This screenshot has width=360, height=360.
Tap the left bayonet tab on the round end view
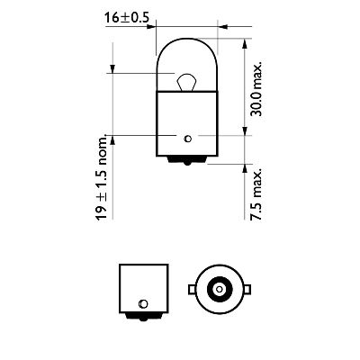coord(192,288)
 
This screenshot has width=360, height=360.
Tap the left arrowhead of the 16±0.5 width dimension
coord(158,27)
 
